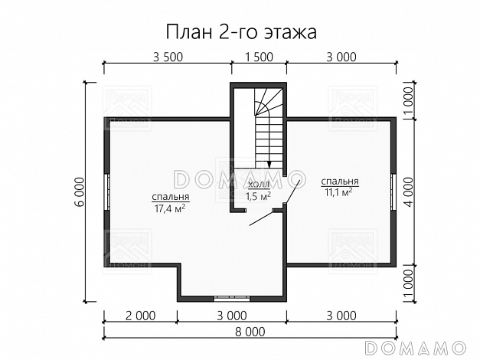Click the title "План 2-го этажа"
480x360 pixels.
coord(240,33)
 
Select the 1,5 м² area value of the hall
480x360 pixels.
coord(258,197)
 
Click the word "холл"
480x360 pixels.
coord(259,185)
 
